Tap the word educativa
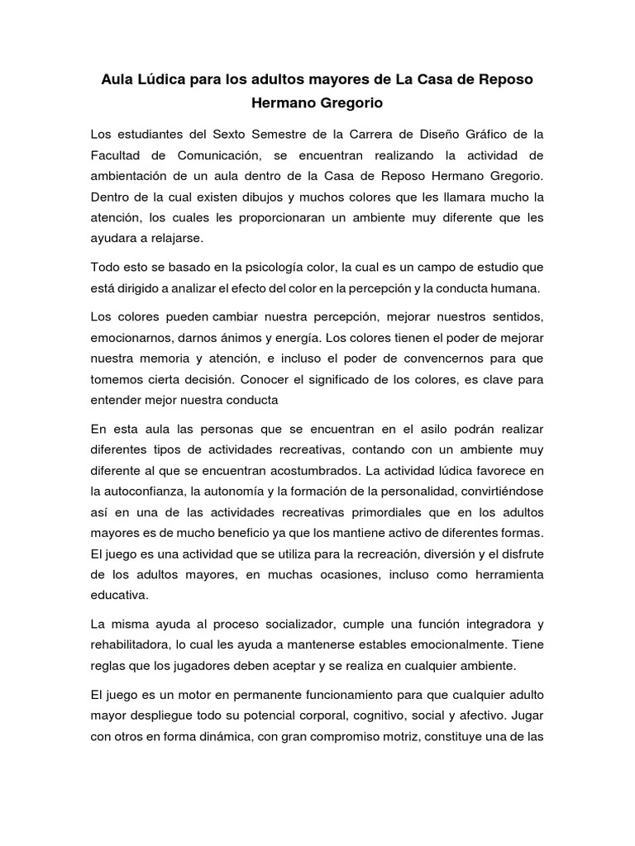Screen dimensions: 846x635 [121, 594]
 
